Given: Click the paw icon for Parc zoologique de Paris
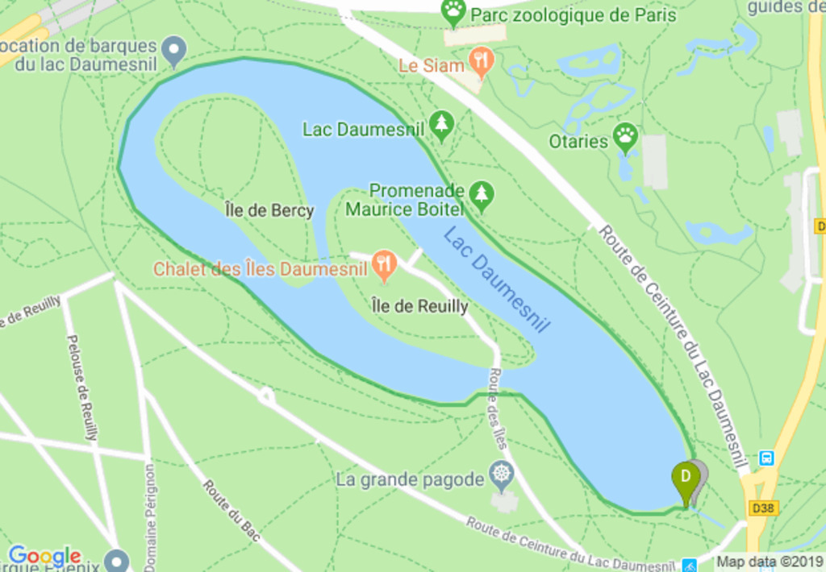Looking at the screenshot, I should click(454, 12).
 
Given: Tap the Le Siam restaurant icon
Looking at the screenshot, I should click(482, 63).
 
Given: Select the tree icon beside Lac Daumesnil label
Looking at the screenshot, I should click(441, 126).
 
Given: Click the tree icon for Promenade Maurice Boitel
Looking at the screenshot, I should click(482, 194).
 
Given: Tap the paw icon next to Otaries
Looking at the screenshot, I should click(625, 136).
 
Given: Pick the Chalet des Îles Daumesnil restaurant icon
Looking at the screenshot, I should click(385, 264).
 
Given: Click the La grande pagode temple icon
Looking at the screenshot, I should click(502, 475).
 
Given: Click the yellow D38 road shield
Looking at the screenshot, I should click(763, 508).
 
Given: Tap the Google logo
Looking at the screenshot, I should click(44, 556).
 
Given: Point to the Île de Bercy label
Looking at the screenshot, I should click(269, 211).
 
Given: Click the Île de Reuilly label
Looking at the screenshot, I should click(419, 307).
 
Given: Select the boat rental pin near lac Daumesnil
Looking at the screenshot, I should click(173, 51).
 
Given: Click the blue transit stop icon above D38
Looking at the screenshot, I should click(766, 458).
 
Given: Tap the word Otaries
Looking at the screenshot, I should click(578, 142).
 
